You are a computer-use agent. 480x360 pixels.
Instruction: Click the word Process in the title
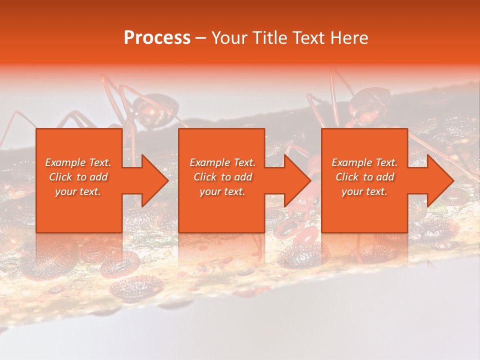pyautogui.click(x=157, y=38)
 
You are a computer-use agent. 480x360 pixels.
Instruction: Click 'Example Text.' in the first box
pyautogui.click(x=78, y=162)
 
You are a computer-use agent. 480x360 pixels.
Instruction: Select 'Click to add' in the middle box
pyautogui.click(x=222, y=177)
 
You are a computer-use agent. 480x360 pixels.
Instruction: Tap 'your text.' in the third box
pyautogui.click(x=364, y=191)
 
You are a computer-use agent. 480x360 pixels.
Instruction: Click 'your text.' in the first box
pyautogui.click(x=78, y=191)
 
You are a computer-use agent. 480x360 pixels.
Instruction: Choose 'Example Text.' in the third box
pyautogui.click(x=364, y=162)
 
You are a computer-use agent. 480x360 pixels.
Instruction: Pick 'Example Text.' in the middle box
pyautogui.click(x=222, y=162)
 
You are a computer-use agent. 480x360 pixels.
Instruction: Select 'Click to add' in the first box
pyautogui.click(x=78, y=177)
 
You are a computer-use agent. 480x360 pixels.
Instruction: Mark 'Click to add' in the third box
pyautogui.click(x=364, y=177)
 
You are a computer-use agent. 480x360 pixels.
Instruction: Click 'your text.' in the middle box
pyautogui.click(x=222, y=191)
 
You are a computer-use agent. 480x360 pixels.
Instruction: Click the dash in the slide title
pyautogui.click(x=200, y=38)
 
